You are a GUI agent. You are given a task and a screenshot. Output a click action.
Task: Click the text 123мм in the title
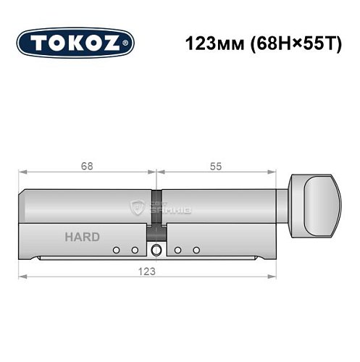pyautogui.click(x=211, y=42)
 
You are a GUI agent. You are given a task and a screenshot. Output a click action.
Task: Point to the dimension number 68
pyautogui.click(x=86, y=164)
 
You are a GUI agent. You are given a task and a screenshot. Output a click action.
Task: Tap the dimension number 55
pyautogui.click(x=216, y=164)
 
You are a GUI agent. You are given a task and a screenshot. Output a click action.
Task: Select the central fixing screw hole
pyautogui.click(x=156, y=251)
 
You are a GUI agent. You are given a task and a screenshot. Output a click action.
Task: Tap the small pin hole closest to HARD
pyautogui.click(x=115, y=251)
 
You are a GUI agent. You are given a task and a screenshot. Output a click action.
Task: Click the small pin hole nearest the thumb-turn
pyautogui.click(x=196, y=251)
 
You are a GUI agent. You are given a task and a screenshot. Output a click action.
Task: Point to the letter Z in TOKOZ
pyautogui.click(x=117, y=42)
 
